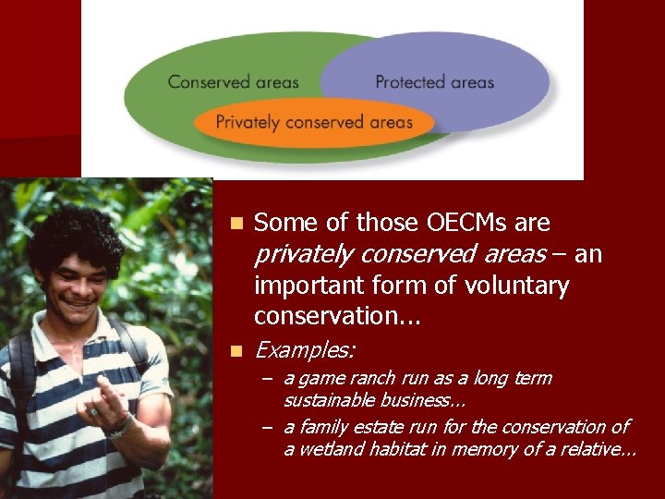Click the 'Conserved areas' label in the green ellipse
tap(233, 82)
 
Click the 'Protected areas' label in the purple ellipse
tap(434, 82)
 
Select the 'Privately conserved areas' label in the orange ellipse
tap(314, 122)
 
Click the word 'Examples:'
tap(305, 350)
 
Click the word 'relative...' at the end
tap(596, 449)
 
